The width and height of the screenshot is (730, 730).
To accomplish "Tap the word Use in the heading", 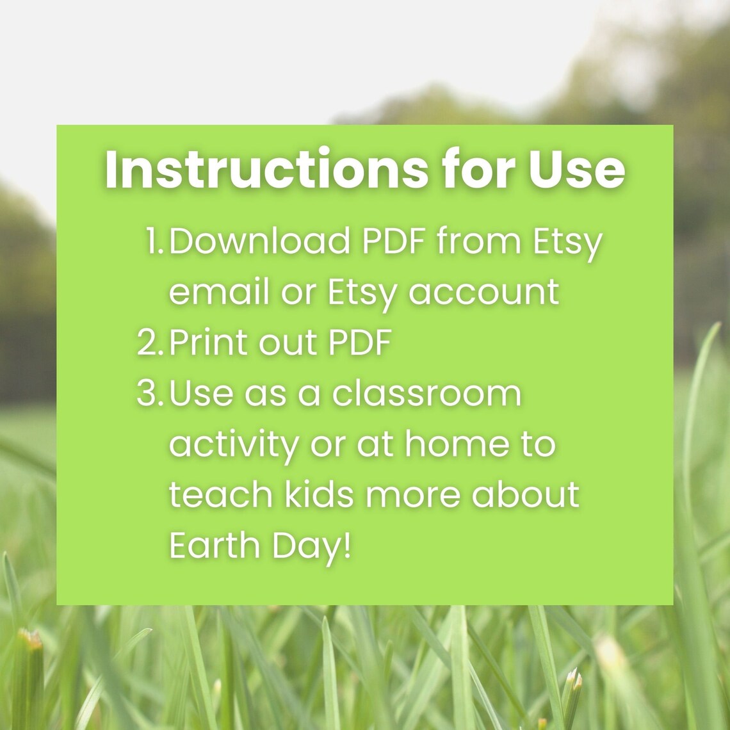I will tap(576, 169).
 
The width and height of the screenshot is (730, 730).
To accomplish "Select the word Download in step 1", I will tap(260, 241).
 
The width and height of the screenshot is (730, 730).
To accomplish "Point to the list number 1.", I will tap(154, 241).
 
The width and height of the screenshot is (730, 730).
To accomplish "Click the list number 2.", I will tap(150, 343).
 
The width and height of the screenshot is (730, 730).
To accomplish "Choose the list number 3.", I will tap(150, 393).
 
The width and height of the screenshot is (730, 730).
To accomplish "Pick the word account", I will tap(484, 292).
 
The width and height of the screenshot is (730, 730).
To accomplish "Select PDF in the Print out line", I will tap(359, 343).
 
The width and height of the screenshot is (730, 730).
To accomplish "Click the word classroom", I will tap(426, 393).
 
